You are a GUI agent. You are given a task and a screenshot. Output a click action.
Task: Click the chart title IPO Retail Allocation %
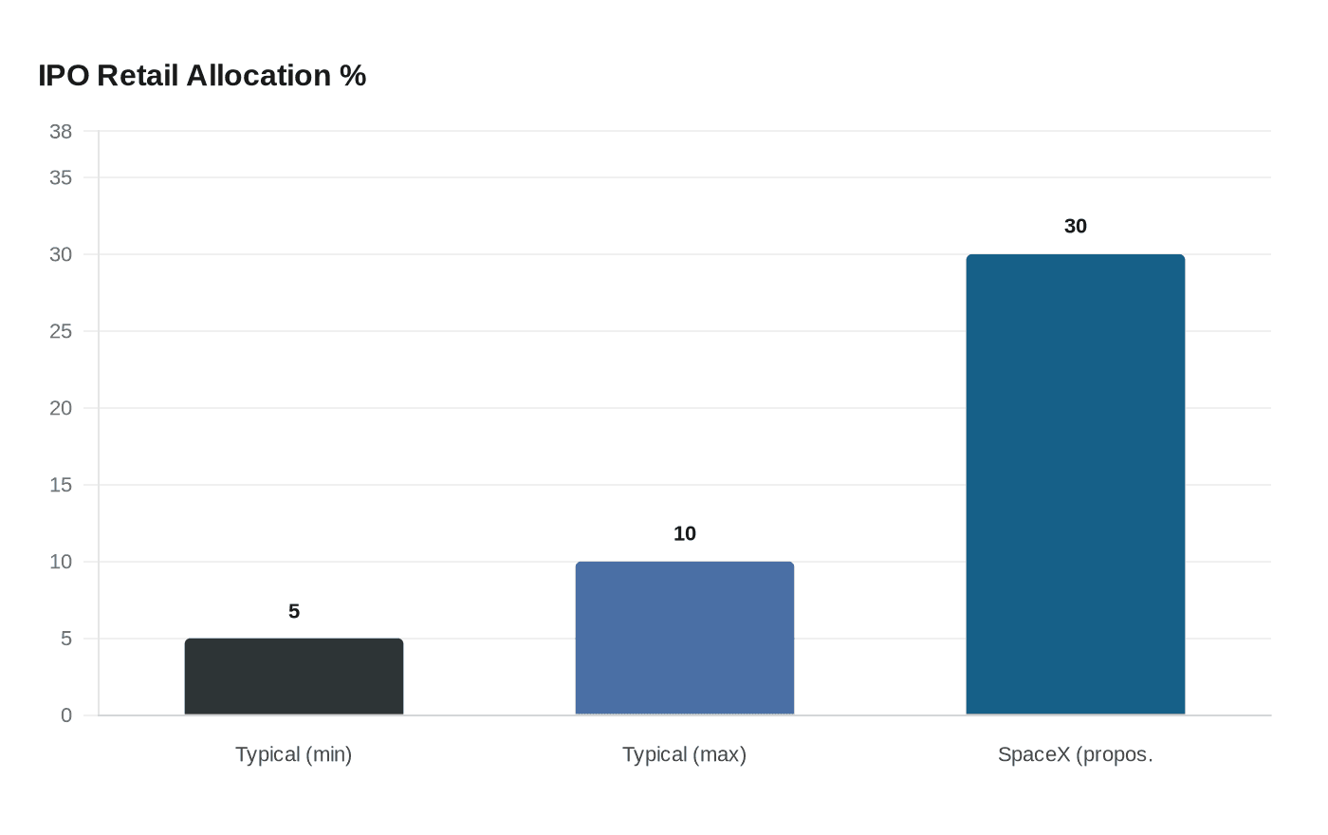202,76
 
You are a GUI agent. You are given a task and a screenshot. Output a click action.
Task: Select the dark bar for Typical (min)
294,677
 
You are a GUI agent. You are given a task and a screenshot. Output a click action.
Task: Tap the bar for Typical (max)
685,638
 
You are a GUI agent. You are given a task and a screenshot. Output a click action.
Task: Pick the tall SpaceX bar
1076,484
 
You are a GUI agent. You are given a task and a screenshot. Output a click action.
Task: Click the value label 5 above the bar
294,612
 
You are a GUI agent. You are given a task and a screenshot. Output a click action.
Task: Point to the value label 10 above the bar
685,534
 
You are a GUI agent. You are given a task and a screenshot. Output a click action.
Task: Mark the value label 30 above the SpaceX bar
1076,227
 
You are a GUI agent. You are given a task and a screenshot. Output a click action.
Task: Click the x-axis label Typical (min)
294,754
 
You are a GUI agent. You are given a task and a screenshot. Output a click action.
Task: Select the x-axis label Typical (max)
685,754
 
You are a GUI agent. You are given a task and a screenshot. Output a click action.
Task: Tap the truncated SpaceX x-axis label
1076,754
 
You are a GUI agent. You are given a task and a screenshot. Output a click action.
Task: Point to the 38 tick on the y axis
61,132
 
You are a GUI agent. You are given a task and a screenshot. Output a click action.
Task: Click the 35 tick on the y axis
61,177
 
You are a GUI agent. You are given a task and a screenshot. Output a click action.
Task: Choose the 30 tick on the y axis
61,254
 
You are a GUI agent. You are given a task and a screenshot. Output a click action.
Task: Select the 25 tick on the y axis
61,331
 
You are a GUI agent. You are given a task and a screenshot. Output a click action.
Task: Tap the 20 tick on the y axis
61,408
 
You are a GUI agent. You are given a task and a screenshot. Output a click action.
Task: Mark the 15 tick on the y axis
61,485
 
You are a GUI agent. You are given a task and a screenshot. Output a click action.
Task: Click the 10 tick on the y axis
61,562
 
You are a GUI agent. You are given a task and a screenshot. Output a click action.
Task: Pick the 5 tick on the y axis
66,639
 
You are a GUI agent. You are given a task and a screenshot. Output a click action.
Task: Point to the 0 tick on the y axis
66,715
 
